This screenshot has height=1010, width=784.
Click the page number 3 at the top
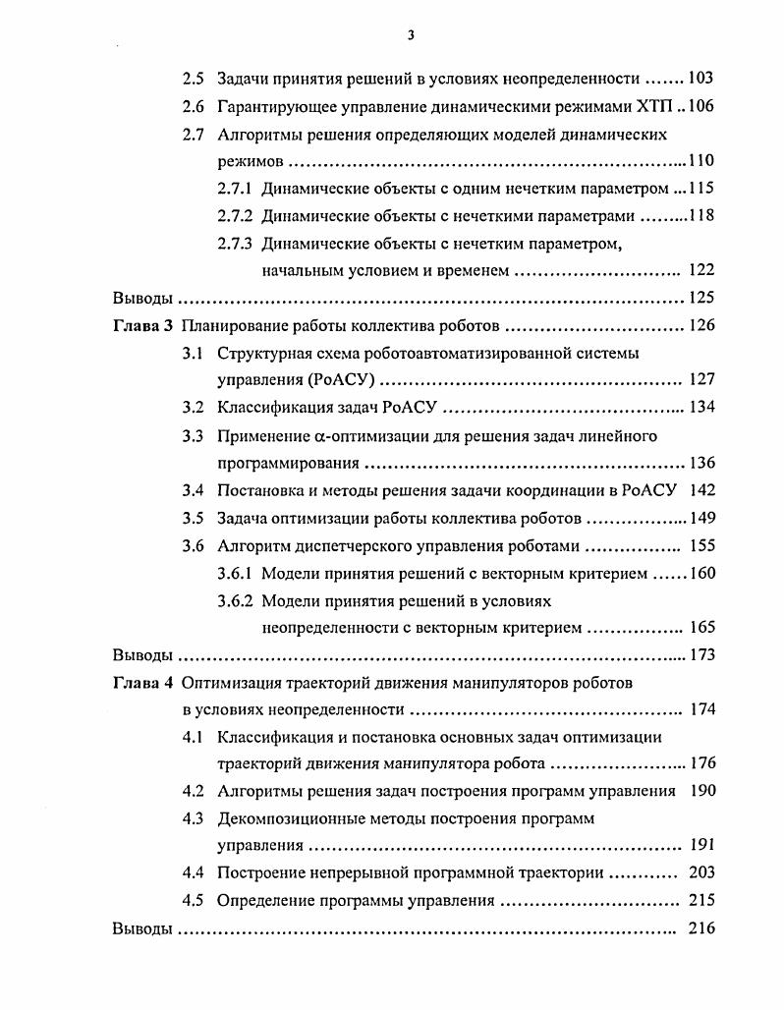(x=411, y=36)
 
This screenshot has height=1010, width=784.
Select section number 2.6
(x=194, y=105)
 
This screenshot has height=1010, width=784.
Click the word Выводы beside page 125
(x=142, y=298)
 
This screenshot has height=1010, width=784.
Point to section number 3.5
(x=194, y=518)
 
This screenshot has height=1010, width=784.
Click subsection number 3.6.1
(x=235, y=573)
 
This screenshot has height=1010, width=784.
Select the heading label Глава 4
(x=142, y=682)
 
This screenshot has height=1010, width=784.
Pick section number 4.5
(x=194, y=900)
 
